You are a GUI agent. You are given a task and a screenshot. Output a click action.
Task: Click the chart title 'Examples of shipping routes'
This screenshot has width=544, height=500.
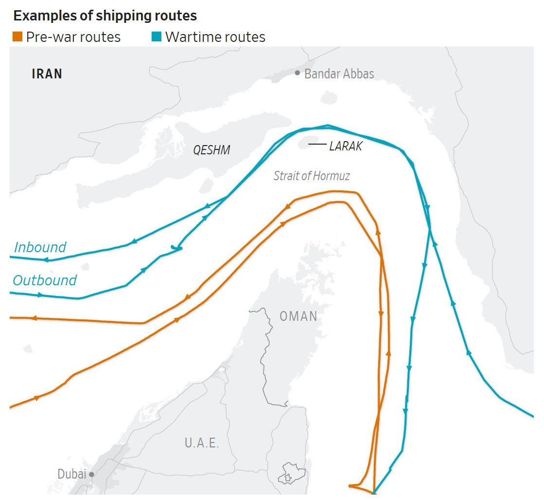(x=105, y=16)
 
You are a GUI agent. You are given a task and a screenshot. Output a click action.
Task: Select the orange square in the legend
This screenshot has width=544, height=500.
(x=18, y=37)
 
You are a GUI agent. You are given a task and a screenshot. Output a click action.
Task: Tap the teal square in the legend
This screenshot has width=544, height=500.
(x=157, y=37)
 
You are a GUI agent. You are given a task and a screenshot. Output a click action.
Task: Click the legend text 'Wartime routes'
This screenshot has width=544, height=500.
(x=215, y=37)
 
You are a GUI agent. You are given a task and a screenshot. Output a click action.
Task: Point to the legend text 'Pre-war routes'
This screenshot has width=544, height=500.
(x=73, y=37)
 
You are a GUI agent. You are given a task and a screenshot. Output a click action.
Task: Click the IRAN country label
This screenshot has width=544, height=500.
(x=47, y=74)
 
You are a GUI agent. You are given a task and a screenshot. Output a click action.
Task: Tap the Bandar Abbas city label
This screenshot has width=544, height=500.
(x=339, y=74)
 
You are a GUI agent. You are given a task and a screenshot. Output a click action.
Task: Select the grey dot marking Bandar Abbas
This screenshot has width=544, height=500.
(x=298, y=73)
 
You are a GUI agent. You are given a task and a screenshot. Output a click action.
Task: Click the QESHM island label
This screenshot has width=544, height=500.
(x=211, y=150)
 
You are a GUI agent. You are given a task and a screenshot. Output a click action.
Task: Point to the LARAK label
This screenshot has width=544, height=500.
(x=346, y=146)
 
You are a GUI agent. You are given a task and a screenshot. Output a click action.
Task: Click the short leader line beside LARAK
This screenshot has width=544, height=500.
(x=317, y=145)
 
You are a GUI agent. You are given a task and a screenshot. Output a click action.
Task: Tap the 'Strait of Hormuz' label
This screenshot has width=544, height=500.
(x=312, y=176)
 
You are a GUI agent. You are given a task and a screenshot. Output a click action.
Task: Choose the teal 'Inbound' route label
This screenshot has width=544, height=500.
(x=40, y=247)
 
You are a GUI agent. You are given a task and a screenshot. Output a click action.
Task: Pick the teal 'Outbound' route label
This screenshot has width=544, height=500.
(x=45, y=280)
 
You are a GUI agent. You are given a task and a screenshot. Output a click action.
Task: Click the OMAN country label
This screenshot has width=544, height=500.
(x=298, y=316)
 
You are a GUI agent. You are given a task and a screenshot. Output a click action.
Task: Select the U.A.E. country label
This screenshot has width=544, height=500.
(x=202, y=443)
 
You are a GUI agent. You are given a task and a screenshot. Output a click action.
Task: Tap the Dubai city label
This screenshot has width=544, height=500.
(x=71, y=474)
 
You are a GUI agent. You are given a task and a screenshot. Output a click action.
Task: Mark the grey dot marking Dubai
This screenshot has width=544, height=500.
(x=91, y=474)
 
